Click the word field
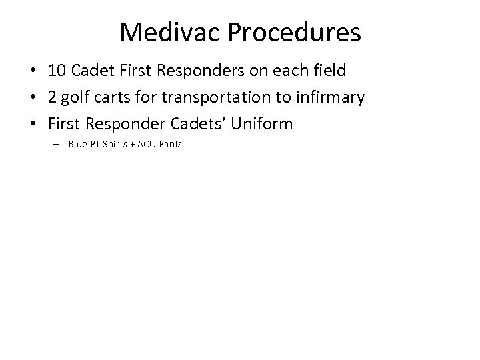coord(329,72)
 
